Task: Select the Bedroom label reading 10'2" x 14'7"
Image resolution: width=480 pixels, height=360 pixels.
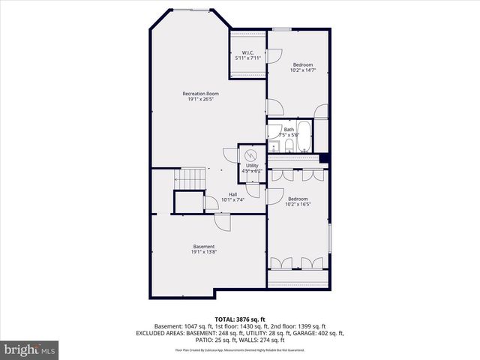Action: pyautogui.click(x=302, y=65)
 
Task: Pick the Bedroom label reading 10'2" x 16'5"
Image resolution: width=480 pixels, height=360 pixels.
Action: pyautogui.click(x=298, y=199)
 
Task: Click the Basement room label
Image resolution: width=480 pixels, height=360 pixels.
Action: pyautogui.click(x=204, y=247)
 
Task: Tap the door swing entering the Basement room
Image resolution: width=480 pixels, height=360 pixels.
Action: pyautogui.click(x=223, y=221)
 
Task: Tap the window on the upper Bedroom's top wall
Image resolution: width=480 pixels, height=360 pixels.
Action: pyautogui.click(x=282, y=29)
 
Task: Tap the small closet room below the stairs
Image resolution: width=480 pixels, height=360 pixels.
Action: pyautogui.click(x=189, y=202)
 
